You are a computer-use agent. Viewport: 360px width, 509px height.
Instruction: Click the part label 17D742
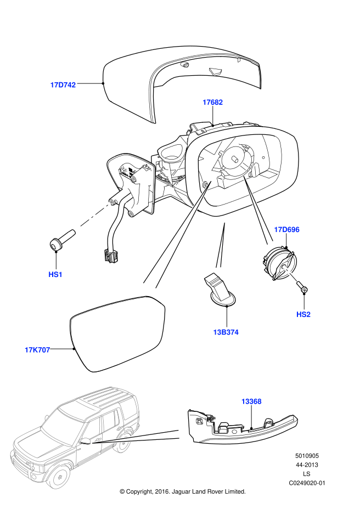coord(63,85)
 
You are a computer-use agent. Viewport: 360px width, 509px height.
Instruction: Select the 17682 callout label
coord(212,102)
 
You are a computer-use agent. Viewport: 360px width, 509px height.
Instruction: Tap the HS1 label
coord(55,274)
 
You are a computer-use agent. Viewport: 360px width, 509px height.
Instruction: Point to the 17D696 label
coord(287,230)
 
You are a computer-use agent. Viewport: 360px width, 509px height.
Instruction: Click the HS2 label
coord(303,314)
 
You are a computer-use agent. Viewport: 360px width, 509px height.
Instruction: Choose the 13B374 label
coord(226,332)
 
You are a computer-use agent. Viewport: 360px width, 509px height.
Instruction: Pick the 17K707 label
coord(37,349)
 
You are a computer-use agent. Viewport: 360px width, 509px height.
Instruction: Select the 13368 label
coord(251,401)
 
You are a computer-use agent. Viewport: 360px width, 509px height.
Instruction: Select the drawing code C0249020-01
coord(307,483)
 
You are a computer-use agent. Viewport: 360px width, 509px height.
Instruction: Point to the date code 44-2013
coord(307,465)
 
